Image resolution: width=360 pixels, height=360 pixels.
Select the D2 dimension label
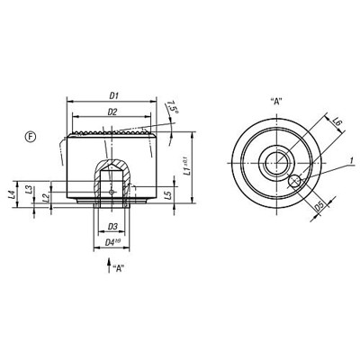112,111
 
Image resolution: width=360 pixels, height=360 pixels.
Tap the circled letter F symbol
30,135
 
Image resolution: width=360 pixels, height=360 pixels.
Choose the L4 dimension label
11,193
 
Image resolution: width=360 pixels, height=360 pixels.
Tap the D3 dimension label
112,226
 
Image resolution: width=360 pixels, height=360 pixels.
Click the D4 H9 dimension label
112,241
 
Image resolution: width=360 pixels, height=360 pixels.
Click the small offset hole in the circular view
294,182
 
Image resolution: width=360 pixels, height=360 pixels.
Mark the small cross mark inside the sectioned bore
112,191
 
